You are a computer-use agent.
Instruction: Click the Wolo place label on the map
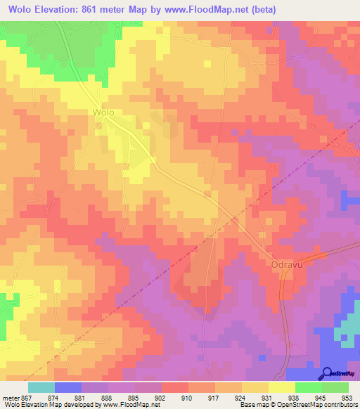coord(103,112)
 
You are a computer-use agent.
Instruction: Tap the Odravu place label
coord(285,264)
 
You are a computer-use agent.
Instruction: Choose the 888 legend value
coord(108,397)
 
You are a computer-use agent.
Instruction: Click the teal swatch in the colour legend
coord(41,387)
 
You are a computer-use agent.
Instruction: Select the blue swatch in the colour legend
coord(68,387)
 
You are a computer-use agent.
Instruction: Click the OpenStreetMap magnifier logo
coord(327,372)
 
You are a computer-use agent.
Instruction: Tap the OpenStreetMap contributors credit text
coord(316,405)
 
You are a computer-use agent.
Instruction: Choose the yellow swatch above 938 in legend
coord(282,387)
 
